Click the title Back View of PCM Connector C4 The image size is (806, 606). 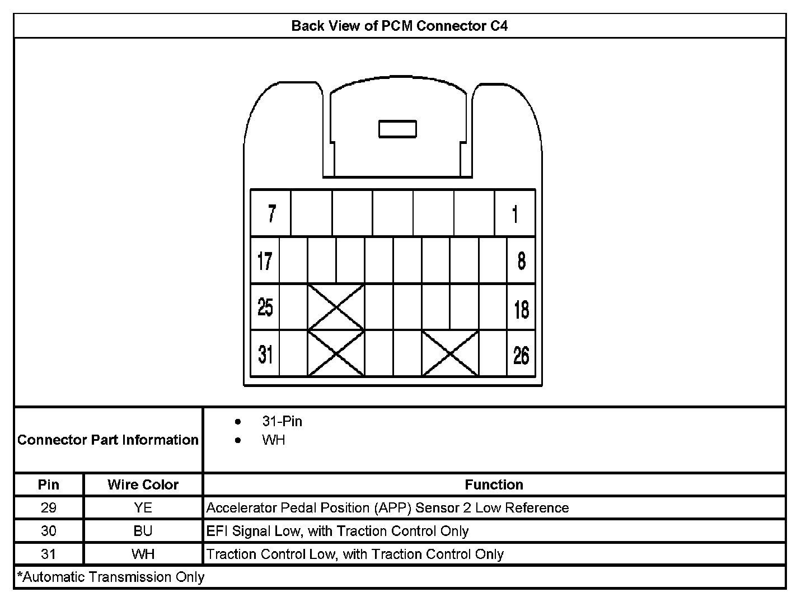(400, 26)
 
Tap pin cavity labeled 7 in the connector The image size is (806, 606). (271, 213)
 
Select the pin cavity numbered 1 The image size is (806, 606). (515, 213)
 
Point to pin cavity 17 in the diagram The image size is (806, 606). (265, 261)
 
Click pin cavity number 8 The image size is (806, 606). (521, 261)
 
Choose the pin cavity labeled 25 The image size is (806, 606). (265, 307)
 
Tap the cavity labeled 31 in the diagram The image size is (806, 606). (265, 354)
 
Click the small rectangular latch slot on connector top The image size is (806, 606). (397, 129)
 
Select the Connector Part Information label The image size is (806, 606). (108, 440)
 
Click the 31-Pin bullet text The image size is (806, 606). (282, 421)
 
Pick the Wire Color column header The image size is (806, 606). (143, 484)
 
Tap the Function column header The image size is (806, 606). (494, 484)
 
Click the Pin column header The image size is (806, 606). (49, 484)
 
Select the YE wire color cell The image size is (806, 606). (143, 508)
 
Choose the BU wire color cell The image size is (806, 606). (143, 531)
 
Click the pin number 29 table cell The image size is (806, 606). (49, 508)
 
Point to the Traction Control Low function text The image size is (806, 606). (355, 554)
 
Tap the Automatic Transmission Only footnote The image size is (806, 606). (111, 577)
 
